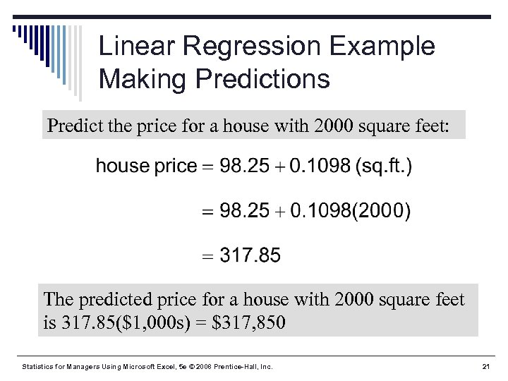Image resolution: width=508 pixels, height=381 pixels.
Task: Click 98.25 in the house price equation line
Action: (x=245, y=167)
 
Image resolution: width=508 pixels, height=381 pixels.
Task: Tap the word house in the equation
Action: (x=123, y=167)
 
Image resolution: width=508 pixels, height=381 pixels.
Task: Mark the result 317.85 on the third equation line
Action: (x=250, y=255)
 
